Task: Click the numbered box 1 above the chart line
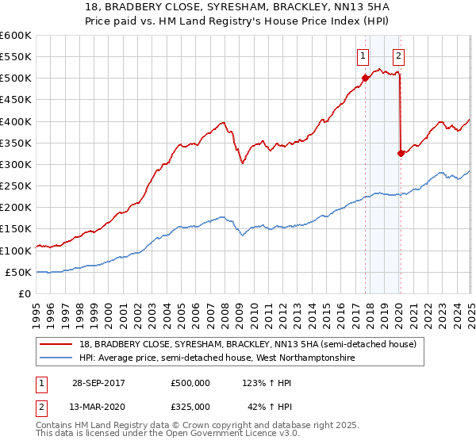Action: pyautogui.click(x=363, y=55)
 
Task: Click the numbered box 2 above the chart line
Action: pyautogui.click(x=397, y=55)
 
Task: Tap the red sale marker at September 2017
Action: pyautogui.click(x=366, y=78)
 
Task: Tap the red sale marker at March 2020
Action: pyautogui.click(x=401, y=153)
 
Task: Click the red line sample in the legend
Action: pyautogui.click(x=57, y=343)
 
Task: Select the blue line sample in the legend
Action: pyautogui.click(x=57, y=358)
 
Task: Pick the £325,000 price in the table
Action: pyautogui.click(x=190, y=406)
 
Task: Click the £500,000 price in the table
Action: pyautogui.click(x=190, y=382)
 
